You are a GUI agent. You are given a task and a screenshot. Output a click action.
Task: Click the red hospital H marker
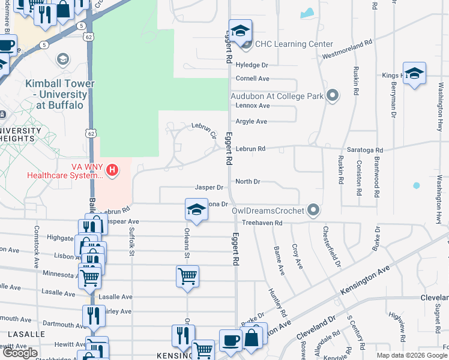coord(112,171)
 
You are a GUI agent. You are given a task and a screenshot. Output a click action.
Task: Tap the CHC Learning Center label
coord(294,44)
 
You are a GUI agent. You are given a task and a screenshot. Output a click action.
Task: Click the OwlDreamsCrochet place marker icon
coord(313,210)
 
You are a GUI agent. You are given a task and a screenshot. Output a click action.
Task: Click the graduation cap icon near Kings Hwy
coord(414,74)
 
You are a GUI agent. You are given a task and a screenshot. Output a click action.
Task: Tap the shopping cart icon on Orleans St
coord(187,277)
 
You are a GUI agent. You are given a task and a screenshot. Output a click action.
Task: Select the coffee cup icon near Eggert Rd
coord(231,340)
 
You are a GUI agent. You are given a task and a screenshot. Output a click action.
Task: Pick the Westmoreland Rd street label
coord(348,50)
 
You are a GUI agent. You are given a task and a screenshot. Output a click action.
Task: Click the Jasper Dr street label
coord(209,188)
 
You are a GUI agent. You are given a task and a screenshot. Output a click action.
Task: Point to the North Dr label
coord(247,181)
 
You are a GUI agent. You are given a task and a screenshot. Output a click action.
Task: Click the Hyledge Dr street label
coord(252,65)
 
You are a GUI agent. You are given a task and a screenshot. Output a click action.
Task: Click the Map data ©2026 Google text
coord(411,355)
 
